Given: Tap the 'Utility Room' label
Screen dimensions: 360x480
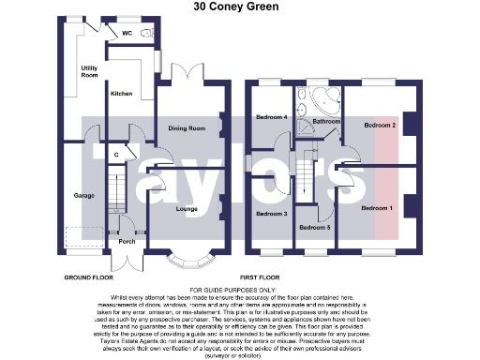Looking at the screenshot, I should coord(90,71).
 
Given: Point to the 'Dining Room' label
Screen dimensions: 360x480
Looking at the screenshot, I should coord(187,128).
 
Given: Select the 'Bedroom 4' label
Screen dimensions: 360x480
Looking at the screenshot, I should coord(272,117).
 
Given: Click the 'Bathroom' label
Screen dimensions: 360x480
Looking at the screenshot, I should coord(326,122).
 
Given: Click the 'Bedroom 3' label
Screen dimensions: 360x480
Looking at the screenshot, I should coord(271,215).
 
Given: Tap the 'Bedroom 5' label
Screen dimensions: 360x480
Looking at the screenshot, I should coord(314,227).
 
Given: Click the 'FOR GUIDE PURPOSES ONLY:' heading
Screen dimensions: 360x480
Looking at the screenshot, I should coord(240,291).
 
